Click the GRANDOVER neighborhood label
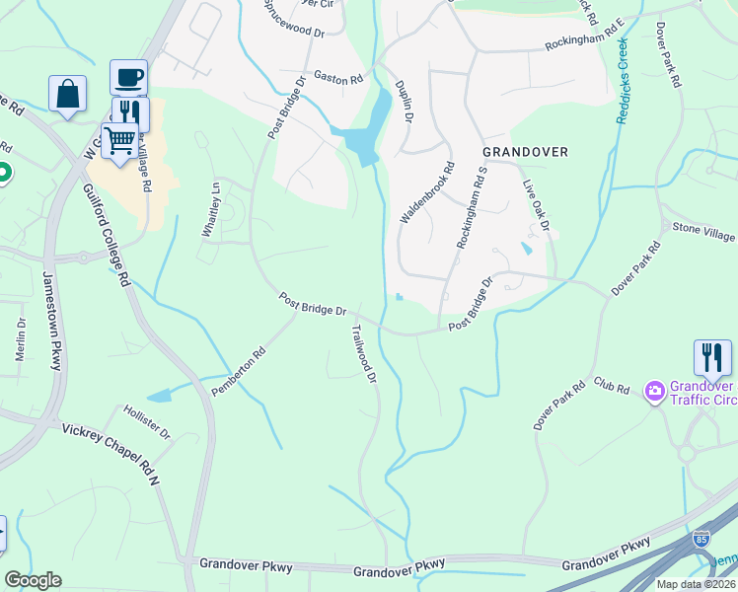coord(525,152)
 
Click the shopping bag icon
coord(67,94)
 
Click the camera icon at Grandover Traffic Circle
coord(653,392)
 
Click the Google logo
coord(33,580)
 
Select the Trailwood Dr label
coord(364,355)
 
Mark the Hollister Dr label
coord(147,421)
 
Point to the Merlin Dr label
coord(20,339)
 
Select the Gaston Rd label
coord(338,77)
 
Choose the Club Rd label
coord(611,385)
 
